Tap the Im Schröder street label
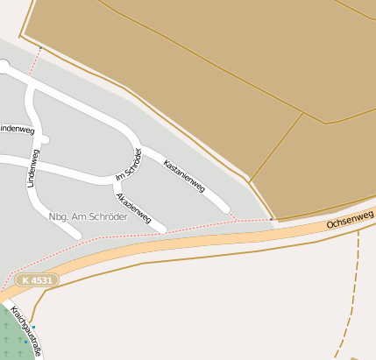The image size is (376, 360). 128,166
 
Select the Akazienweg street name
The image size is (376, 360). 134,207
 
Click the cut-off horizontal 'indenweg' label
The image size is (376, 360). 17,128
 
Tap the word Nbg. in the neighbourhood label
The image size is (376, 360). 60,216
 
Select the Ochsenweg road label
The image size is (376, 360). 350,219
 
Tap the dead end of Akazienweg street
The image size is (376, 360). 161,229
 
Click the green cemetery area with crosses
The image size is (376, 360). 12,337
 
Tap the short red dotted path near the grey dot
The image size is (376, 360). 34,62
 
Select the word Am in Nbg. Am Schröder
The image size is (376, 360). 81,216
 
